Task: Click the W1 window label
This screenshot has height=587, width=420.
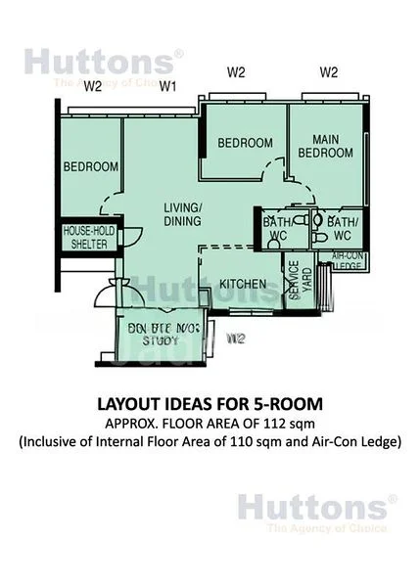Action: tap(168, 87)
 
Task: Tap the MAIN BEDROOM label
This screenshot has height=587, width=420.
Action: tap(326, 146)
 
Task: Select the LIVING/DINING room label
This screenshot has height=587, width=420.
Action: tap(182, 214)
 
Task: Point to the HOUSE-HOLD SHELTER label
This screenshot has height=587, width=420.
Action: tap(89, 238)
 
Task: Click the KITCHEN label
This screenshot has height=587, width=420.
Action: tap(242, 284)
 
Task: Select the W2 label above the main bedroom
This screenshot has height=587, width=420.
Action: tap(328, 71)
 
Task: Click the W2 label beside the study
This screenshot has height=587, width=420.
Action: tap(234, 339)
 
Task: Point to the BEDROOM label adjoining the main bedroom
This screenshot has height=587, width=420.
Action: tap(245, 143)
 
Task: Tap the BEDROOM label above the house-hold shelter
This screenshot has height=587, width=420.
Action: tap(90, 167)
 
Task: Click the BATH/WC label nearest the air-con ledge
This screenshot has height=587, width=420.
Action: tap(342, 229)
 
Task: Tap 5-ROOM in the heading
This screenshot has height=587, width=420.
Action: tap(291, 402)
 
